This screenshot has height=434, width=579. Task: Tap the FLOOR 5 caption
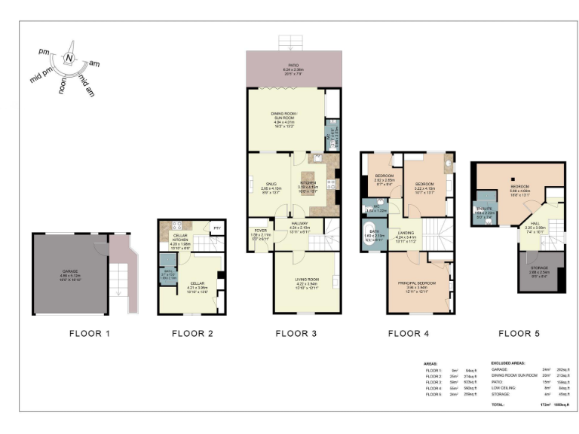pyautogui.click(x=519, y=332)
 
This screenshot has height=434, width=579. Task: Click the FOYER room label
pyautogui.click(x=259, y=230)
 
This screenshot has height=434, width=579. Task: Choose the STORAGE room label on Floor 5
pyautogui.click(x=539, y=267)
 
